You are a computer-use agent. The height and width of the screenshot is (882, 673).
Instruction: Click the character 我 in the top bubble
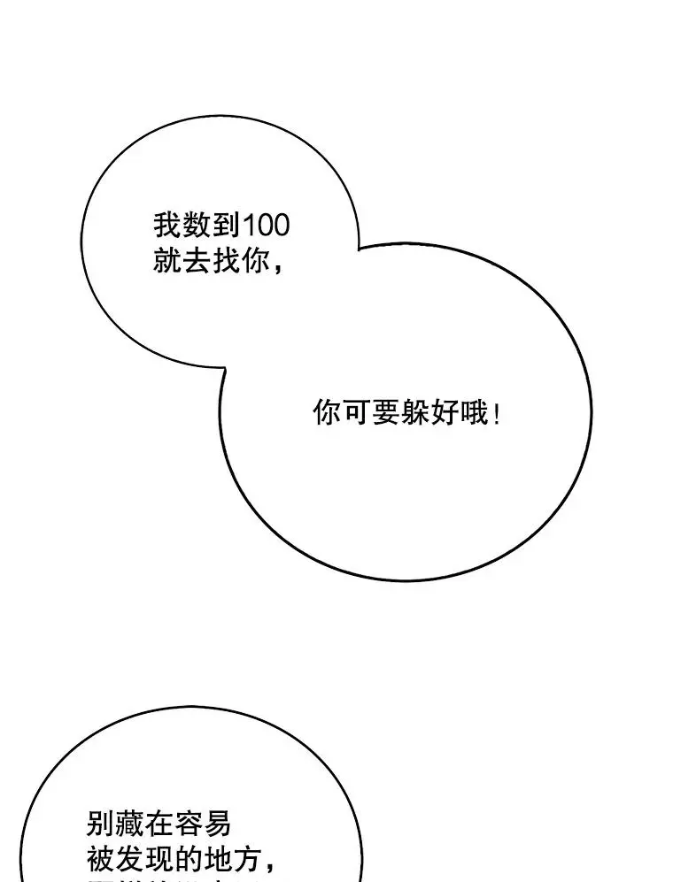pyautogui.click(x=166, y=225)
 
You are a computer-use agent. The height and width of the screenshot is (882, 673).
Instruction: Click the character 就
pyautogui.click(x=166, y=261)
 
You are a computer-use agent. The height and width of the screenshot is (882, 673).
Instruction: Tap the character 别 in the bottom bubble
pyautogui.click(x=101, y=824)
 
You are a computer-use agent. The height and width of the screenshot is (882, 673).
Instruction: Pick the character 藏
pyautogui.click(x=130, y=824)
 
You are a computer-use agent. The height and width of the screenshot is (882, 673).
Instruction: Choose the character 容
pyautogui.click(x=188, y=824)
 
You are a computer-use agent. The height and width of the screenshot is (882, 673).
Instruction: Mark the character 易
pyautogui.click(x=217, y=824)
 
